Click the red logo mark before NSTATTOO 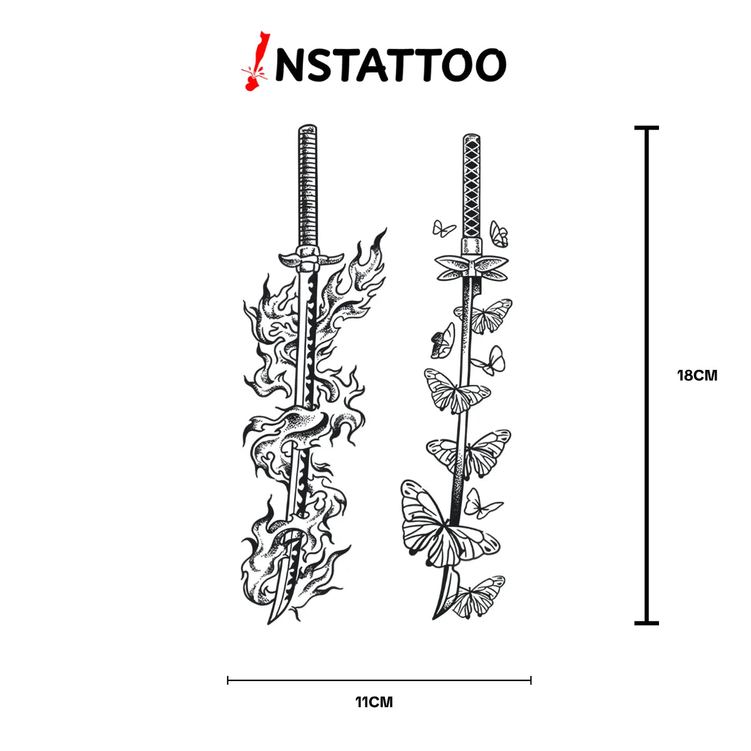(255, 61)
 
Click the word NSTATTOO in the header (391, 65)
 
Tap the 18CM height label (697, 375)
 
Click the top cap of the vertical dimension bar (646, 128)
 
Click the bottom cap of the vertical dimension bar (646, 623)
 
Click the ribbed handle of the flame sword (308, 185)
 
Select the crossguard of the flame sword (311, 258)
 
